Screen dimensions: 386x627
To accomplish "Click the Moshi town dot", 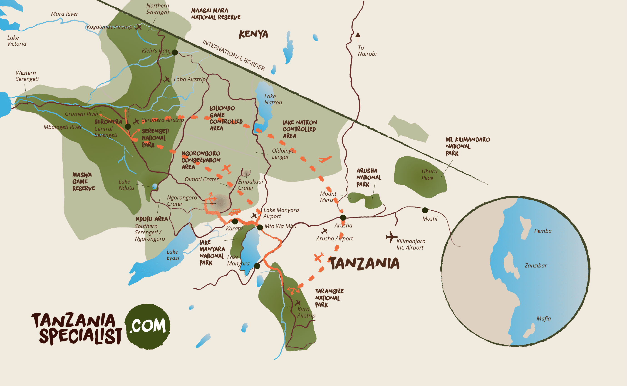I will (x=425, y=210).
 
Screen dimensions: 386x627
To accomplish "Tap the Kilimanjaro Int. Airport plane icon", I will (x=391, y=237).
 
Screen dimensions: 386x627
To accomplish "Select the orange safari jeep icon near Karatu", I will (x=235, y=212).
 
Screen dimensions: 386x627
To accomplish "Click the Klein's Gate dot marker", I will (x=175, y=53).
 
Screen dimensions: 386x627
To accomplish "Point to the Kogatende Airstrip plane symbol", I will (x=139, y=27).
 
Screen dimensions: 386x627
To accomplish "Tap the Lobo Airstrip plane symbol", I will (x=167, y=79).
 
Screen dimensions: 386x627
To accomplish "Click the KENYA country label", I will (x=253, y=34).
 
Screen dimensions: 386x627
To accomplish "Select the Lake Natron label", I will (x=273, y=99).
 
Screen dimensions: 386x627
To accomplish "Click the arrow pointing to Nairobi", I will (x=358, y=37).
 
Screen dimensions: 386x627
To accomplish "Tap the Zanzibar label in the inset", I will (x=535, y=265).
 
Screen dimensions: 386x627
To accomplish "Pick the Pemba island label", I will (x=543, y=231).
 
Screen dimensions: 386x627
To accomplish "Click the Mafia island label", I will (x=543, y=319).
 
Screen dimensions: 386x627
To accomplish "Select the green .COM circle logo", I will (x=147, y=326).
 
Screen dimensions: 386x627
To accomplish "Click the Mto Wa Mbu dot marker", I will (x=260, y=227).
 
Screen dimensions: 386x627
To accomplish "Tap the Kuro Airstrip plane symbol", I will (x=297, y=303).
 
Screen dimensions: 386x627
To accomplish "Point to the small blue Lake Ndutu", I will (x=154, y=186).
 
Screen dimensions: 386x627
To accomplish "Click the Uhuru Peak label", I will (x=429, y=174).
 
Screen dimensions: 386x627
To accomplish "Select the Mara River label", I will (x=64, y=14).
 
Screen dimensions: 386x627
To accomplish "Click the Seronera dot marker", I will (x=128, y=127).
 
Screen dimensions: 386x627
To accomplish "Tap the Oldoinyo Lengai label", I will (x=283, y=154).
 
